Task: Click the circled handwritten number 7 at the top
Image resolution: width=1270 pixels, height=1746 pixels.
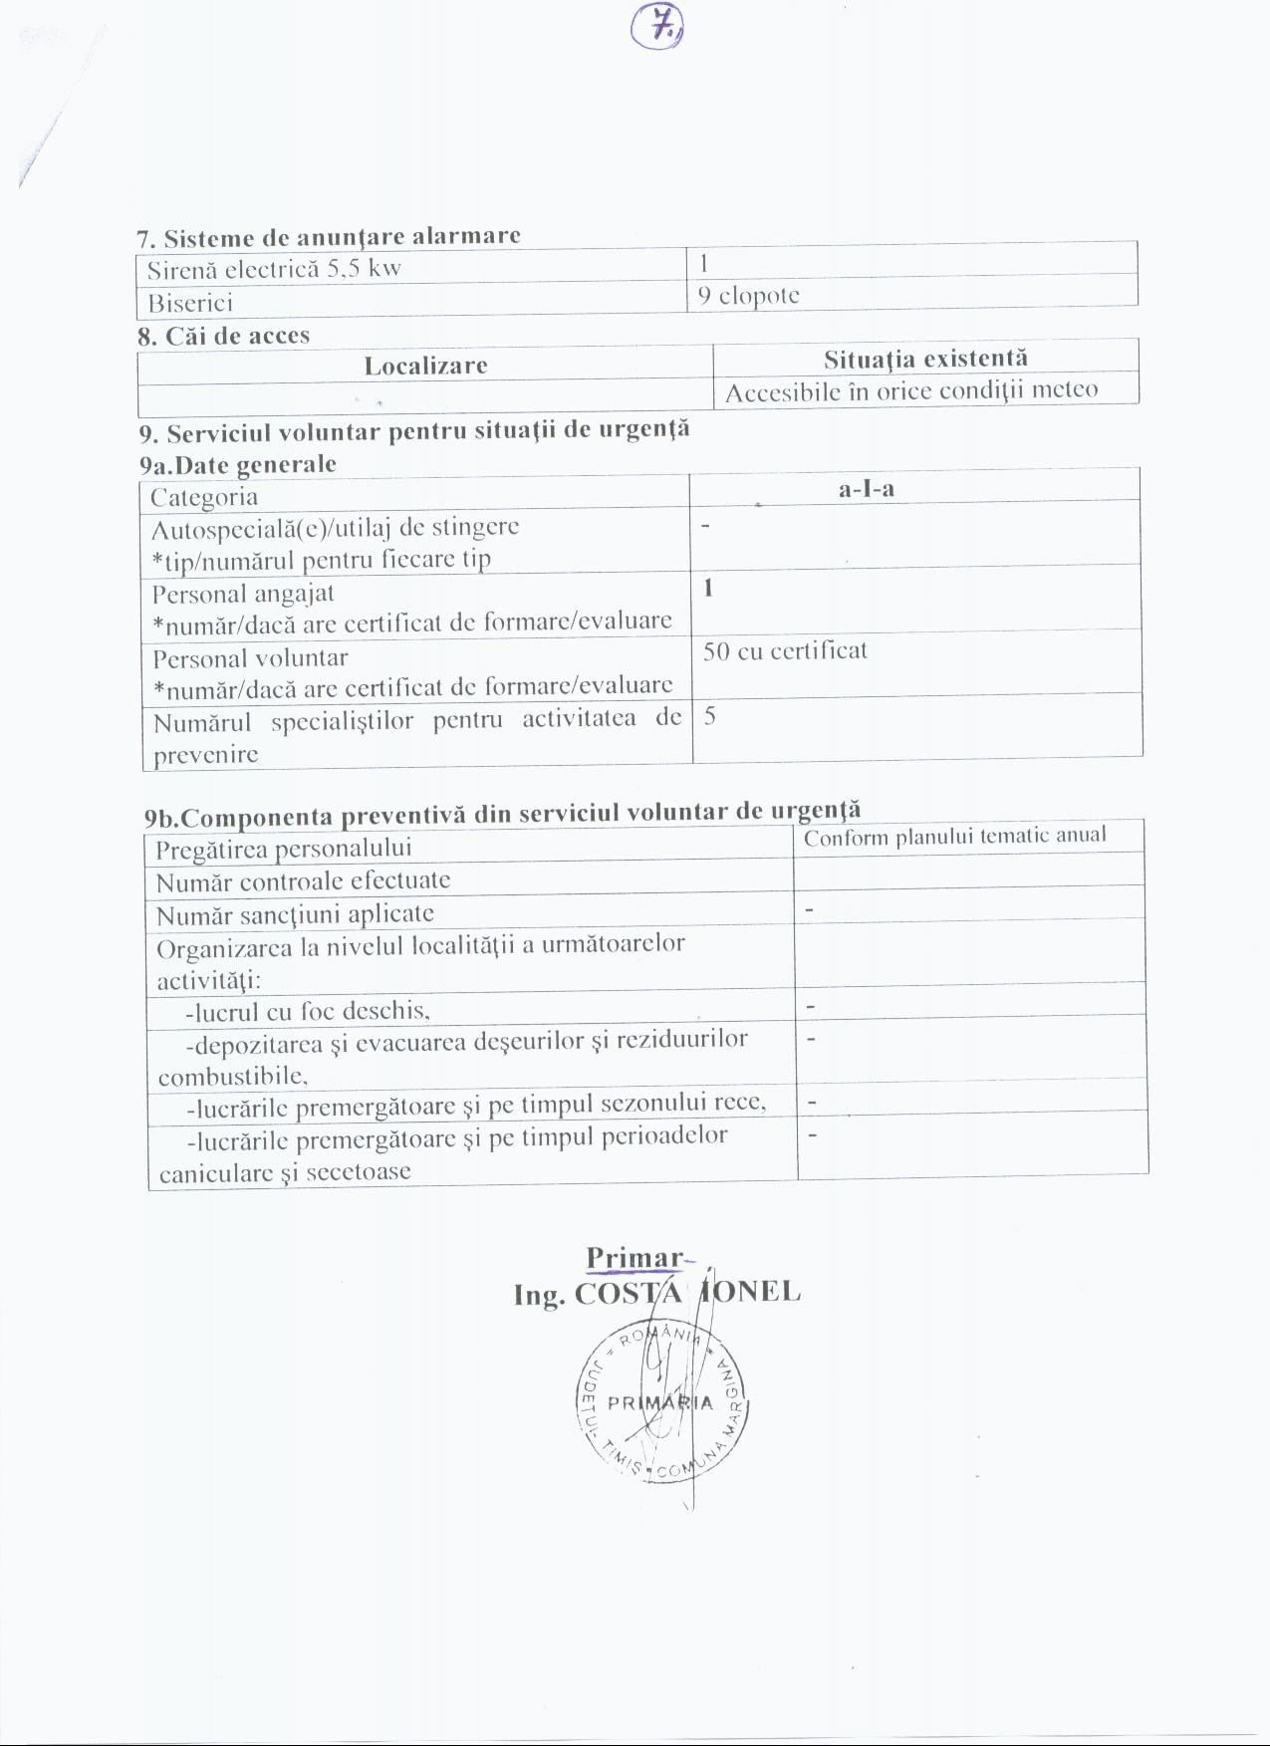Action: pyautogui.click(x=657, y=30)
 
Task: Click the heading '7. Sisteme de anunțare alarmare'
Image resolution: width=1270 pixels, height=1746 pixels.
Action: pyautogui.click(x=328, y=237)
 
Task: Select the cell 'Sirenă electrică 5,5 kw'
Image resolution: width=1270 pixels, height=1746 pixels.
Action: pyautogui.click(x=274, y=269)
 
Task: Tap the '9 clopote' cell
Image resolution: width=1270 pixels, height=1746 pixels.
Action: pyautogui.click(x=749, y=296)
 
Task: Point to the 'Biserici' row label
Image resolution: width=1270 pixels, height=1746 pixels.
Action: pyautogui.click(x=190, y=303)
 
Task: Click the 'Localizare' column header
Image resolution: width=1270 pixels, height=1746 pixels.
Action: pyautogui.click(x=425, y=366)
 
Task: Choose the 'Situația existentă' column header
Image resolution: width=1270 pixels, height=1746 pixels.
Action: pyautogui.click(x=924, y=359)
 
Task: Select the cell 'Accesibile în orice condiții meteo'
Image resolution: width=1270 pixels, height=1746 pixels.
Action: pyautogui.click(x=910, y=390)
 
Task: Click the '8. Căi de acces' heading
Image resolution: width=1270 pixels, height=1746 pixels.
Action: pyautogui.click(x=224, y=336)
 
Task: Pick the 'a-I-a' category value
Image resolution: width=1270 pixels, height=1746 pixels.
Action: pyautogui.click(x=866, y=488)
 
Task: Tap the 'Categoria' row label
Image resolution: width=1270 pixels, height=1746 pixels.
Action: pyautogui.click(x=204, y=497)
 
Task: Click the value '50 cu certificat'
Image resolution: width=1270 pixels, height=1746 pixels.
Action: pyautogui.click(x=785, y=651)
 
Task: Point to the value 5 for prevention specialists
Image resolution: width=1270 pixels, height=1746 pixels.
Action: pyautogui.click(x=709, y=716)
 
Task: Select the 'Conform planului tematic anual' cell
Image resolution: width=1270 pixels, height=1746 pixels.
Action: pyautogui.click(x=954, y=837)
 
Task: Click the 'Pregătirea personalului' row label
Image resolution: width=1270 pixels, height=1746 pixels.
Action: pyautogui.click(x=284, y=849)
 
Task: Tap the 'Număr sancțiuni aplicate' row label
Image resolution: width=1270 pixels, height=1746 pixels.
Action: pyautogui.click(x=295, y=913)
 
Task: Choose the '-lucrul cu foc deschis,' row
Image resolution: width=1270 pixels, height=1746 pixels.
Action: pyautogui.click(x=308, y=1012)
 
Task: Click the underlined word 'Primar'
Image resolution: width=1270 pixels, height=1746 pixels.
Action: pyautogui.click(x=635, y=1258)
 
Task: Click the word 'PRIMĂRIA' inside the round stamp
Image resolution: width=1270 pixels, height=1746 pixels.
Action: pyautogui.click(x=660, y=1403)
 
